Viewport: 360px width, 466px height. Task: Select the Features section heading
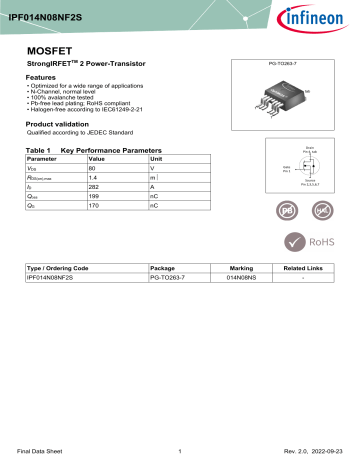(x=40, y=77)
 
